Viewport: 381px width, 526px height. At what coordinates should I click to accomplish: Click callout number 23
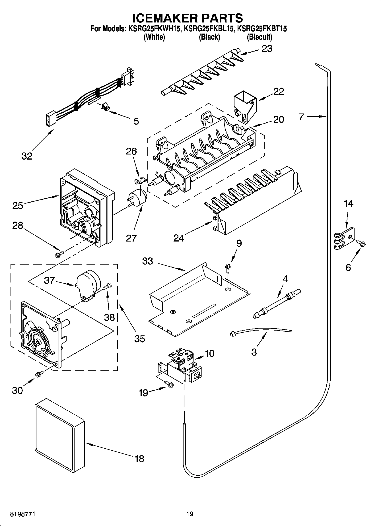(x=267, y=49)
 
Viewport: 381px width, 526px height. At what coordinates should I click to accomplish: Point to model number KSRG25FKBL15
(x=209, y=28)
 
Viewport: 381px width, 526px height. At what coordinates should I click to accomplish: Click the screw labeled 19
(x=169, y=385)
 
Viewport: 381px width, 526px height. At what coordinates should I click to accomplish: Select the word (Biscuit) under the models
(x=259, y=37)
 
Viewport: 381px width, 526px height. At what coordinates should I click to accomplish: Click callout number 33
(x=148, y=261)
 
